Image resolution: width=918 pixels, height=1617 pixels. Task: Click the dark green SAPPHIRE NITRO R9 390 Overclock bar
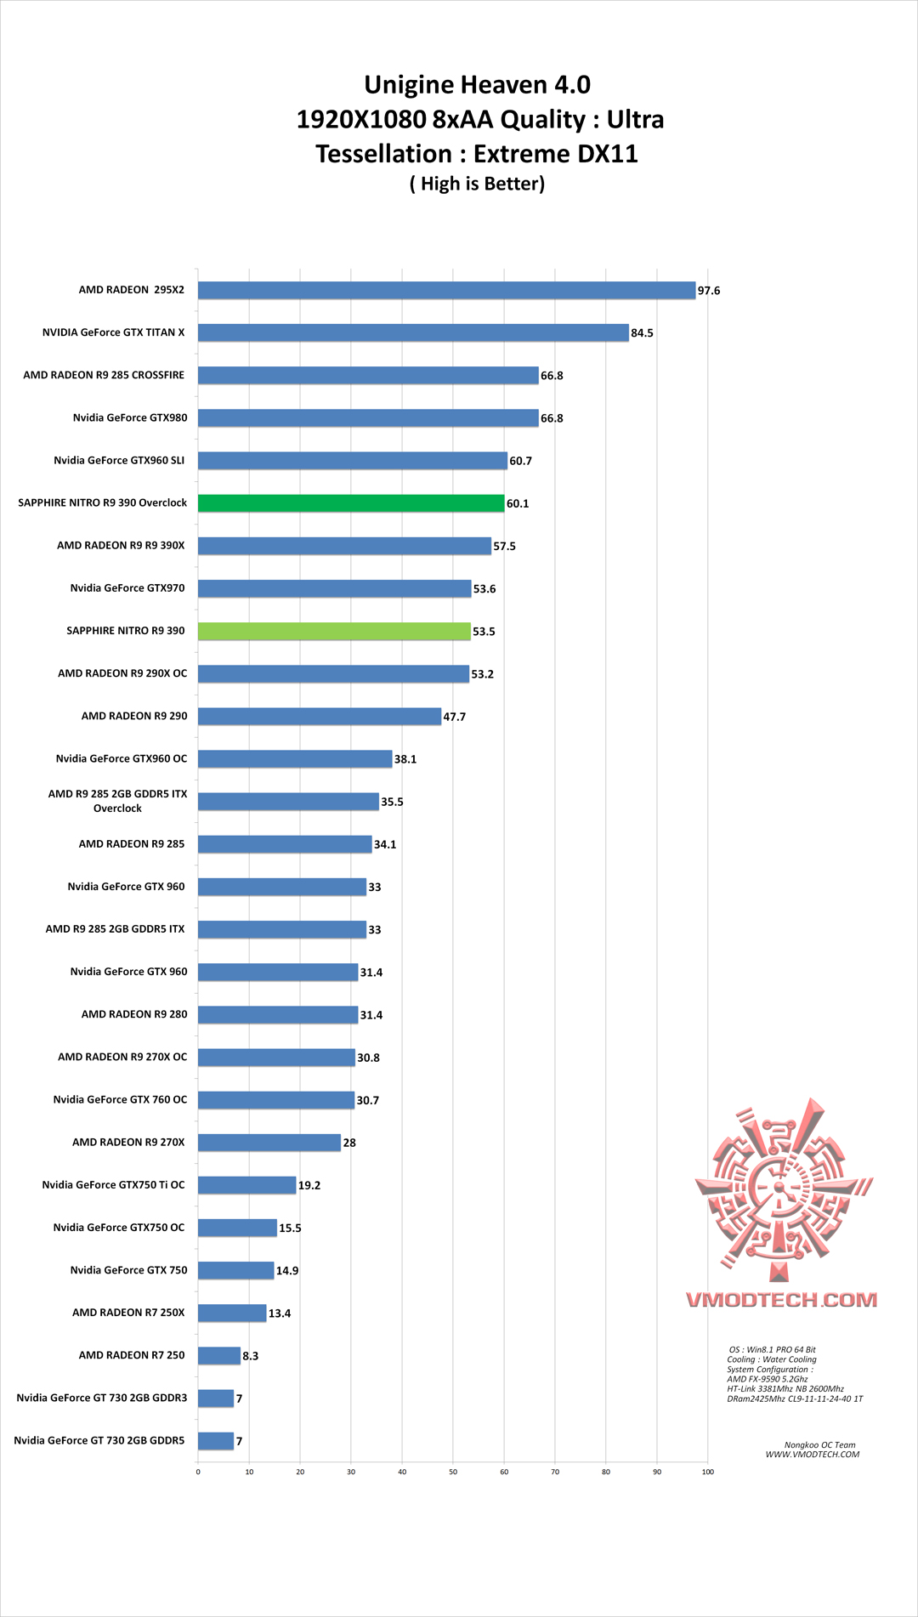(x=351, y=503)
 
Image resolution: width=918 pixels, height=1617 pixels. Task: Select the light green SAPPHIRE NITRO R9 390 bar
(x=334, y=631)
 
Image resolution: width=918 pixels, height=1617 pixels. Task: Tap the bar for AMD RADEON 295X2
(x=446, y=290)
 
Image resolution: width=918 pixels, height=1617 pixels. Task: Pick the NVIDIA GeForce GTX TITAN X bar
(x=413, y=332)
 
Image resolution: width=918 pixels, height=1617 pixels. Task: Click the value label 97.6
(x=709, y=291)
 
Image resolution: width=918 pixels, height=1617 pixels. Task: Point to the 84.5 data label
(x=642, y=333)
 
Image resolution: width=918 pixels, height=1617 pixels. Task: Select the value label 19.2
(x=309, y=1185)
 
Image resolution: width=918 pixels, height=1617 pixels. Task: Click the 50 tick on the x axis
(x=453, y=1472)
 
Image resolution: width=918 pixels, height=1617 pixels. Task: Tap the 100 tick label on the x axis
(x=708, y=1472)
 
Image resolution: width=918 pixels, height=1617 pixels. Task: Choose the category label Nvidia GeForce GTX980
(x=130, y=417)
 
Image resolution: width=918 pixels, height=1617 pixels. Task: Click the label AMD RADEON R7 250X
(x=128, y=1313)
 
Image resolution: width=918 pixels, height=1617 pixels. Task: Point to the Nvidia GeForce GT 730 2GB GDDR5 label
(x=99, y=1440)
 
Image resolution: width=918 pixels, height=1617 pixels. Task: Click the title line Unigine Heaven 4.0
(x=477, y=85)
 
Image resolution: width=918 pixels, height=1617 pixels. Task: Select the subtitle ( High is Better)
(x=477, y=184)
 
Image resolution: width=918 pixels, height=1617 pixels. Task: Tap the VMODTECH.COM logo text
(x=781, y=1300)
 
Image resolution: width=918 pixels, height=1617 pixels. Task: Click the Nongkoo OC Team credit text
(x=819, y=1444)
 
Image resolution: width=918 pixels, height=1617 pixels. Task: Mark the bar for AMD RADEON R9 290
(x=320, y=716)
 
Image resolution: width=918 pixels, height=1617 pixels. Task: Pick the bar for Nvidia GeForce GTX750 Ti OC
(x=247, y=1185)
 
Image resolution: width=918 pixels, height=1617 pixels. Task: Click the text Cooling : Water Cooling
(x=771, y=1359)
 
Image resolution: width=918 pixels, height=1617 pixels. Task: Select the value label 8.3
(x=251, y=1356)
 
